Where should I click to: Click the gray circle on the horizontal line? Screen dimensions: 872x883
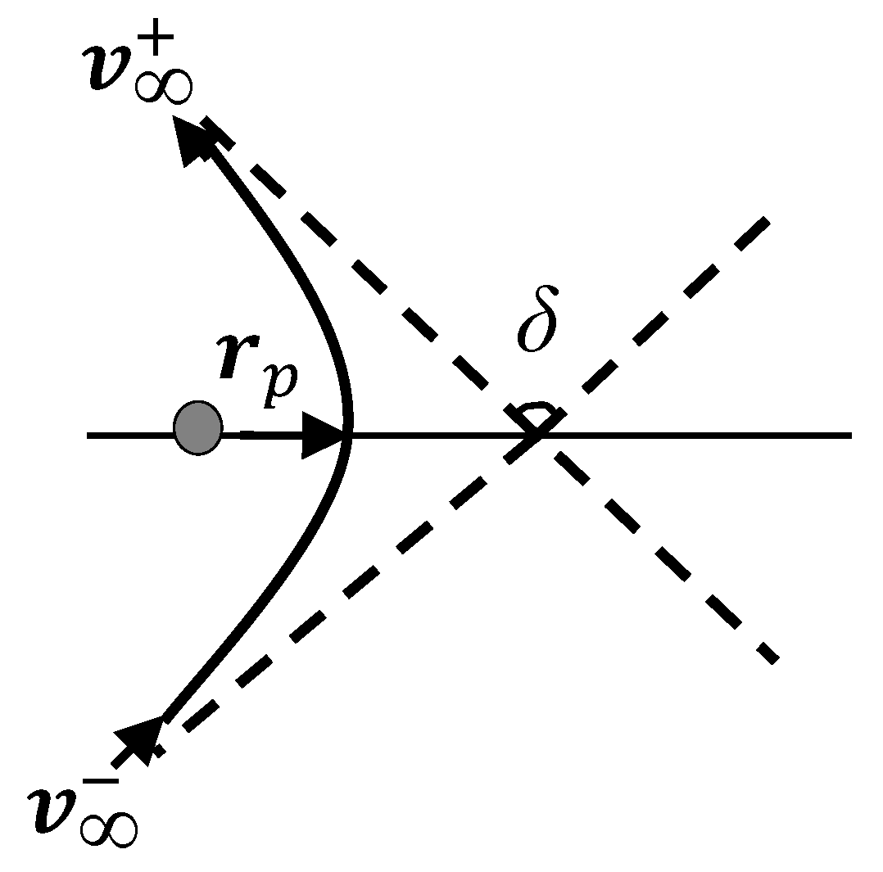(x=197, y=427)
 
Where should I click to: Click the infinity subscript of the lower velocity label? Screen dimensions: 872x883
(x=106, y=829)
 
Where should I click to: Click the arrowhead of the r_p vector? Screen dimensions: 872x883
(x=324, y=436)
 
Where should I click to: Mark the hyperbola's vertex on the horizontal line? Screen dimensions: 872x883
(x=351, y=435)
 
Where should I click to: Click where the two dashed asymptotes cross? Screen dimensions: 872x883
(x=537, y=435)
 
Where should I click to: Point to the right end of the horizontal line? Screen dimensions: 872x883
(x=850, y=436)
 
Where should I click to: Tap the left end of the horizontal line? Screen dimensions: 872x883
(x=88, y=436)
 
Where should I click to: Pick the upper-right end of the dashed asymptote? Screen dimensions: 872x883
(x=765, y=220)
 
